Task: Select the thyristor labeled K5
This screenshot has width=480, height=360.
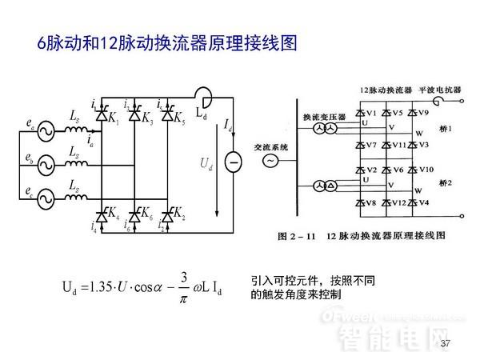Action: pyautogui.click(x=167, y=118)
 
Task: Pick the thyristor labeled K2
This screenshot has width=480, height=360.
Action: pyautogui.click(x=167, y=215)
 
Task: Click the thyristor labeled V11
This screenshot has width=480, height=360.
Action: pyautogui.click(x=386, y=145)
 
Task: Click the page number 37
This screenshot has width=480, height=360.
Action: pyautogui.click(x=446, y=344)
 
